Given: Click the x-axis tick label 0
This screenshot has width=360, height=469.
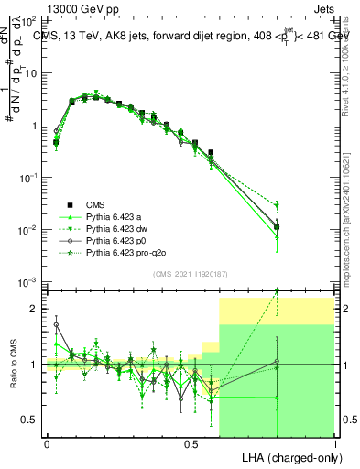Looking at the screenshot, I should click(46, 443).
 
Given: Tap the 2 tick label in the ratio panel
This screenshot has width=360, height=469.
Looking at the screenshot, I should click(33, 309).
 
